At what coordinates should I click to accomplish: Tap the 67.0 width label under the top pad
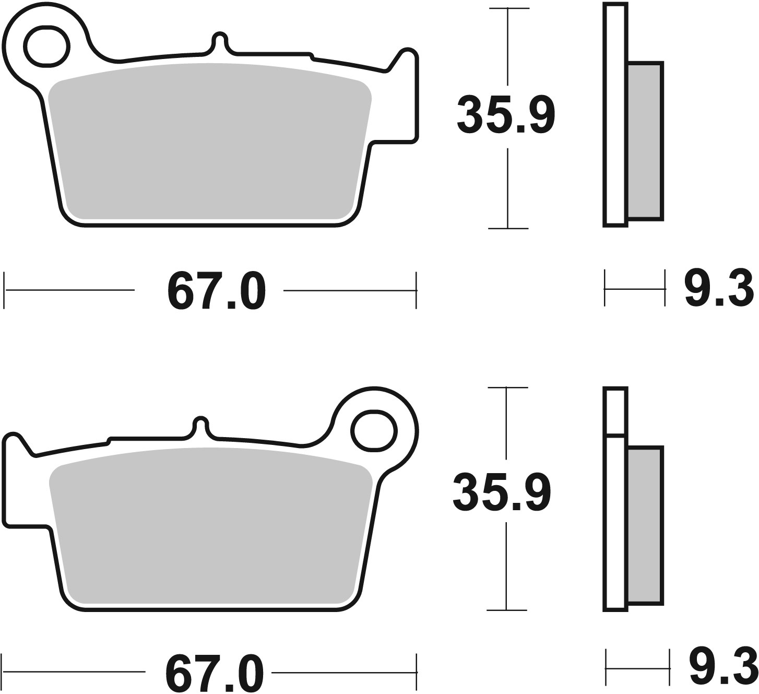(216, 291)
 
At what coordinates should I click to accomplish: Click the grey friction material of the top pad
(209, 141)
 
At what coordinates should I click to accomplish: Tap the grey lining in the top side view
(645, 140)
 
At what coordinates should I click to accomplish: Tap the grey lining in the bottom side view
(645, 524)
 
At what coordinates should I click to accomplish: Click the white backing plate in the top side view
(615, 115)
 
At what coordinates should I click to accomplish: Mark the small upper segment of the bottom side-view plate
(615, 411)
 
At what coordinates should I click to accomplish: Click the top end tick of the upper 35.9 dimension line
(508, 9)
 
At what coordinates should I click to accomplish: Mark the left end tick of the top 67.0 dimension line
(5, 290)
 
